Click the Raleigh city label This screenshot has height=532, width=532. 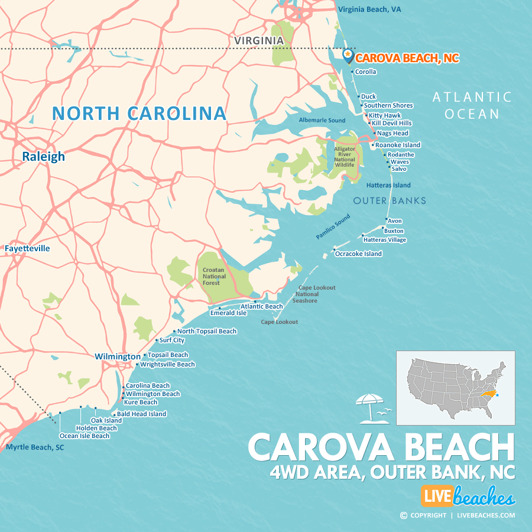point(44,157)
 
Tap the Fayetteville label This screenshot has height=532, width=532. point(27,248)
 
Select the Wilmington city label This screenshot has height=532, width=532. point(118,356)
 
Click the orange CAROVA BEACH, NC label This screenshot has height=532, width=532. point(407,58)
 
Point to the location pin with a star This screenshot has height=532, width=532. point(348,55)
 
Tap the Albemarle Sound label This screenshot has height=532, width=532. point(322,121)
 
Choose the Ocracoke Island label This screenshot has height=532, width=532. point(358,254)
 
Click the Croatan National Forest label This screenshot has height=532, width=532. point(211,276)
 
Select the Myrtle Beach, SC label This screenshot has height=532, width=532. point(35,447)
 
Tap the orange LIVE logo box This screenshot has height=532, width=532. point(437,497)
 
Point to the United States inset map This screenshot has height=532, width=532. point(455,387)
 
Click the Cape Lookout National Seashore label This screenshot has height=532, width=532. point(307,294)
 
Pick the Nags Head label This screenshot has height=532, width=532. point(392,134)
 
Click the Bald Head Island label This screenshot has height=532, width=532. point(141,414)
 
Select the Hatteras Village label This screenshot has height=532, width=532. point(385,240)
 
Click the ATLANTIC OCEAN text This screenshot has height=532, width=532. point(471,105)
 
